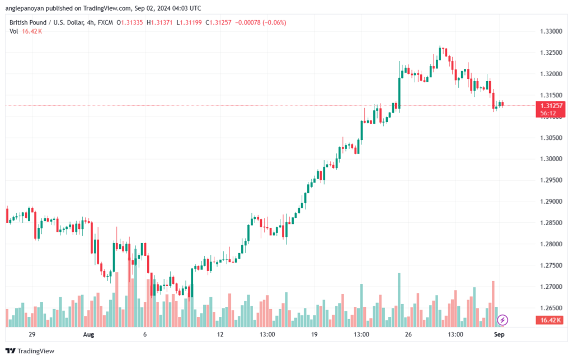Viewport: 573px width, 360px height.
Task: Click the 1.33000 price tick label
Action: click(x=551, y=31)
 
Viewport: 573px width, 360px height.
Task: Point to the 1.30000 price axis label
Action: click(x=551, y=159)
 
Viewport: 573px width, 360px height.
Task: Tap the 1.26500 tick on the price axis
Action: click(x=551, y=308)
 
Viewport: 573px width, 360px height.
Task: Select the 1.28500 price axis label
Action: click(x=551, y=223)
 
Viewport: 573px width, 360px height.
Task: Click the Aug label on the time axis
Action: click(x=88, y=334)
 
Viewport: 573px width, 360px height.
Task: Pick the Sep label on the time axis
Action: click(x=499, y=334)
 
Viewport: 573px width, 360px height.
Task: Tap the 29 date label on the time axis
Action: click(x=32, y=334)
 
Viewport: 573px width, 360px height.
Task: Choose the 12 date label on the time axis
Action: click(x=220, y=334)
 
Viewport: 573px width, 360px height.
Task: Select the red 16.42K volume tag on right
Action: click(x=551, y=320)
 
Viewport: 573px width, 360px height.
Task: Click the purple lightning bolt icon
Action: click(x=502, y=320)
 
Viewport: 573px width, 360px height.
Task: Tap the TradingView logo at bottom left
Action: click(x=30, y=351)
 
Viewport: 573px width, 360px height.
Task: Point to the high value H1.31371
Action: click(x=159, y=22)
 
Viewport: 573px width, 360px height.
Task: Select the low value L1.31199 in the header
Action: click(x=189, y=22)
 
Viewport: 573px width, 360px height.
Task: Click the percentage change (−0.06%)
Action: click(x=274, y=22)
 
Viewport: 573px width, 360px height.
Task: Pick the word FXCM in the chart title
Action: click(x=105, y=22)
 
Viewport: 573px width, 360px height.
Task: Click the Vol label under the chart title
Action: click(x=14, y=31)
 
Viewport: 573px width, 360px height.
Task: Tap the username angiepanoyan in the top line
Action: click(x=25, y=8)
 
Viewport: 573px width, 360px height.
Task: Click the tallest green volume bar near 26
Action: click(x=399, y=300)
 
